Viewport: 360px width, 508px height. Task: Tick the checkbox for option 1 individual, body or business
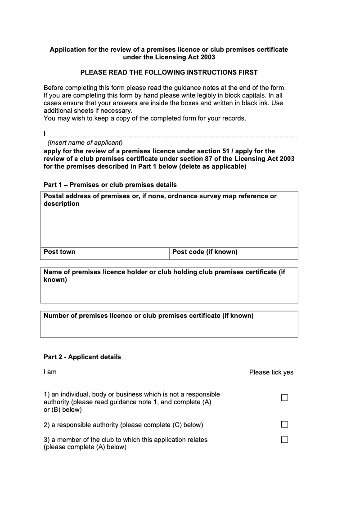click(x=284, y=398)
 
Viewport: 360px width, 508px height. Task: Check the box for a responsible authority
click(x=284, y=425)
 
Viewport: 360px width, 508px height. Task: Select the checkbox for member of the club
click(x=284, y=440)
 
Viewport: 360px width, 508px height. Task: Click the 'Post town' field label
click(x=59, y=252)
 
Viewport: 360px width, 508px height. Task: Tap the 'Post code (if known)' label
click(x=205, y=252)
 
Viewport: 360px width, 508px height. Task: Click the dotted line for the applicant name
click(x=173, y=136)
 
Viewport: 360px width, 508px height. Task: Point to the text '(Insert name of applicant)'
click(x=85, y=143)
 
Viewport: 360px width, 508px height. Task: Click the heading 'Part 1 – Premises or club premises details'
click(x=110, y=185)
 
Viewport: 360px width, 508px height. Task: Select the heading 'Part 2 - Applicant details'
click(x=82, y=357)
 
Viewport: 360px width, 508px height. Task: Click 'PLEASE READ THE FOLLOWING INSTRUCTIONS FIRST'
click(x=169, y=72)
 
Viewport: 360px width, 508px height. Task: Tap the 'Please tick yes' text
click(x=271, y=372)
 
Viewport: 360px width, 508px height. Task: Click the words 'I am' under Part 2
click(x=50, y=372)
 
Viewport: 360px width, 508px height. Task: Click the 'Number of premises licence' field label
click(x=148, y=316)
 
